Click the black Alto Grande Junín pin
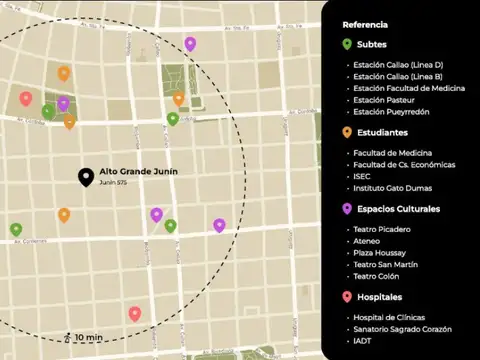(87, 177)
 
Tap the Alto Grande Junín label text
(138, 172)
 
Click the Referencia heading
(366, 25)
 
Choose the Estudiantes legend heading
(379, 132)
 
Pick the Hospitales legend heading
(379, 297)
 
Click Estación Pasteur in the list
(383, 100)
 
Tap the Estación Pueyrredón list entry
(391, 112)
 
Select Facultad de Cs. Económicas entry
(404, 164)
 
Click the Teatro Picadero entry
(381, 229)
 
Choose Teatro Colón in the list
(377, 276)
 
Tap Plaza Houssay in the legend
(381, 252)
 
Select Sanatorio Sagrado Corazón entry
(402, 329)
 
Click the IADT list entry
(363, 341)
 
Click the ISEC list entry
(362, 176)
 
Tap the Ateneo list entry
(366, 241)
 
